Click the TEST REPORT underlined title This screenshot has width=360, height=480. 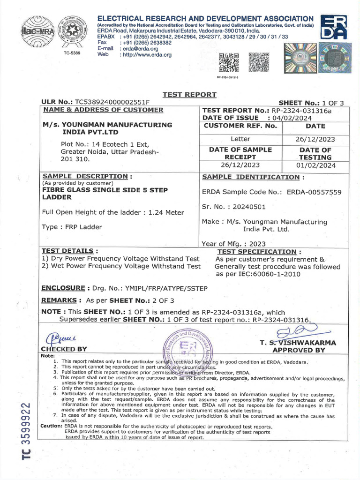coord(189,95)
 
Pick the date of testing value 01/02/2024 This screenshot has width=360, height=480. coord(315,165)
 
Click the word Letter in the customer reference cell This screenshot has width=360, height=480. coord(241,139)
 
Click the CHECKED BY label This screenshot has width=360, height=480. coord(64,349)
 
